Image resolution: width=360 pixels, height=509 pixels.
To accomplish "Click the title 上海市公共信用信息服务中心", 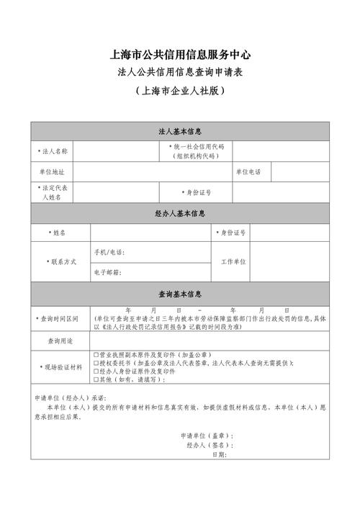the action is click(180, 55).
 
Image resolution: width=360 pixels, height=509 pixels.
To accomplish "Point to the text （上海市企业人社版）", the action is click(180, 92).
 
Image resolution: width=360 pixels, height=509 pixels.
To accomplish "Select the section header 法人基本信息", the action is click(180, 132).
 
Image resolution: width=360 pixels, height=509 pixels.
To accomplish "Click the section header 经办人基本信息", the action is click(180, 214).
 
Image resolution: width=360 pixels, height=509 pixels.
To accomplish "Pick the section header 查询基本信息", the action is click(180, 294).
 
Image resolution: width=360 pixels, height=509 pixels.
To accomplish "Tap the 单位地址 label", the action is click(51, 172).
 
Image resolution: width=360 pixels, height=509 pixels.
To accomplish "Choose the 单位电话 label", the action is click(248, 172).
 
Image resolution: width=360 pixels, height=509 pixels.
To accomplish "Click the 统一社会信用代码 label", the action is click(197, 147).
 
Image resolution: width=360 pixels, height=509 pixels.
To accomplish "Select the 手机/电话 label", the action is click(109, 253).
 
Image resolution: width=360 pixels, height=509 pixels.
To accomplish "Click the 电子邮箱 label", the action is click(107, 273).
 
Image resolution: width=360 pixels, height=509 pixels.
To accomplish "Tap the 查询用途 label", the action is click(60, 341).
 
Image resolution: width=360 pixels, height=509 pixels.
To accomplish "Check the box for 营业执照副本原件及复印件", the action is click(96, 356).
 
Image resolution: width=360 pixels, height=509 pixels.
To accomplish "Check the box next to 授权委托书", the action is click(96, 364).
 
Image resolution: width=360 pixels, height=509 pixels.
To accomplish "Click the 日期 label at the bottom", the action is click(219, 455).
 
